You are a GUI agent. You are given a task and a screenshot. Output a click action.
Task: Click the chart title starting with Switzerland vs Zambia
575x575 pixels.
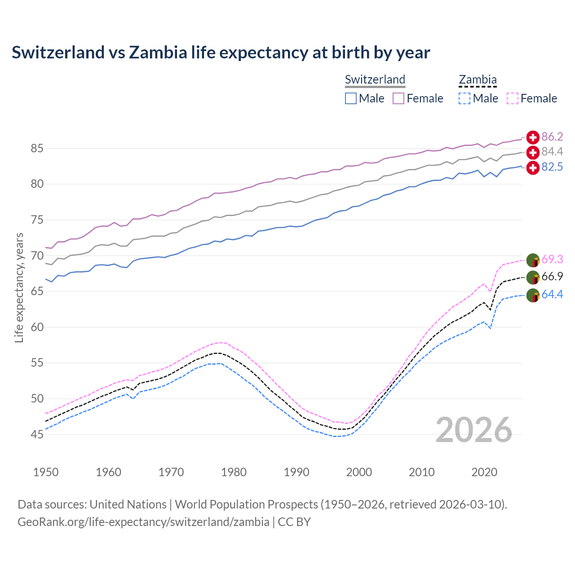tap(221, 53)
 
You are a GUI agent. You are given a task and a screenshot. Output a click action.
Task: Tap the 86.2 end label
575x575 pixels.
tap(552, 137)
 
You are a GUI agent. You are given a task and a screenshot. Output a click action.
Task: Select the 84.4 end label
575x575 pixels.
tap(552, 152)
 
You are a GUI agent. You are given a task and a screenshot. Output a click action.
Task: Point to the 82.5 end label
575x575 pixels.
tap(552, 167)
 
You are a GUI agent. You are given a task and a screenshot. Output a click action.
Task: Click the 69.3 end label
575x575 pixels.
tap(552, 259)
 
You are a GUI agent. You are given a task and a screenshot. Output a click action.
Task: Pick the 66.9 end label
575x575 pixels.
tap(552, 277)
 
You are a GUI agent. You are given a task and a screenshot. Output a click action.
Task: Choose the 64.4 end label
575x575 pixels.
tap(552, 294)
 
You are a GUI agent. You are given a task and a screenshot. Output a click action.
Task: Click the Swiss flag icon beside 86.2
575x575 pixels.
tap(533, 137)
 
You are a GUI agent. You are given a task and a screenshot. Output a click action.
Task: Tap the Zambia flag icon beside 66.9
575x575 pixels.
tap(533, 278)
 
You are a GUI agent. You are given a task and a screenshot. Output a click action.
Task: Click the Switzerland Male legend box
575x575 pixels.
tap(351, 98)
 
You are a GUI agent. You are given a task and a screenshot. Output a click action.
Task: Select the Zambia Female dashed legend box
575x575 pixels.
tap(513, 98)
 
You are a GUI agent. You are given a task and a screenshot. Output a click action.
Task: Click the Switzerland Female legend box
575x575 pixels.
tap(398, 98)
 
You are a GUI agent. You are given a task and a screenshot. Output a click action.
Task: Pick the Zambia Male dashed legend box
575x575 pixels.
tap(464, 98)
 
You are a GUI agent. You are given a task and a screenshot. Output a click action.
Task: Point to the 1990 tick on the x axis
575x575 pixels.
tap(296, 472)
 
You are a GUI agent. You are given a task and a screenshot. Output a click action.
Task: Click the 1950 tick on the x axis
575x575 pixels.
tap(46, 472)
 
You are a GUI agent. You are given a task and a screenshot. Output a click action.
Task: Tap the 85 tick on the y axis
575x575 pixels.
tap(37, 148)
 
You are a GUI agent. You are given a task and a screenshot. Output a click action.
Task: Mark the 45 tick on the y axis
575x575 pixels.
tap(37, 434)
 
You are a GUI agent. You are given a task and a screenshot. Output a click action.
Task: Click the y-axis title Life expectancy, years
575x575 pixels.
tap(19, 287)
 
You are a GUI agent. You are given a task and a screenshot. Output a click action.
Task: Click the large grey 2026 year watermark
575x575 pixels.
tap(473, 430)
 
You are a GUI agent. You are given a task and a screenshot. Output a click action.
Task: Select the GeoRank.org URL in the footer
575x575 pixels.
tap(143, 522)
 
